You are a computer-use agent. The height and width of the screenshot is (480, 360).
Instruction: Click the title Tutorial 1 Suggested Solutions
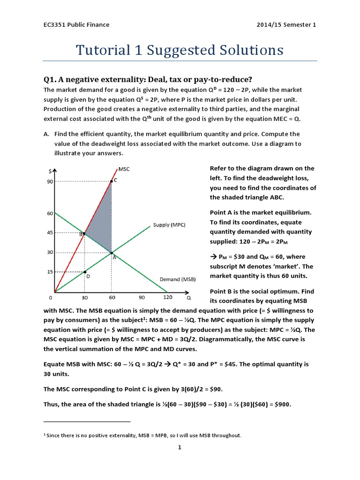(x=180, y=50)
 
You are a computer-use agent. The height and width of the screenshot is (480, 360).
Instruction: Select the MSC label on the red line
(x=124, y=169)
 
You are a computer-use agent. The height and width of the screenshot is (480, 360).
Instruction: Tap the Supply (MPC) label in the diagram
(x=169, y=225)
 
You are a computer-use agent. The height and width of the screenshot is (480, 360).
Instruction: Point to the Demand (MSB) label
(x=176, y=279)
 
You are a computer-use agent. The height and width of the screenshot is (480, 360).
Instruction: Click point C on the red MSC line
(x=112, y=181)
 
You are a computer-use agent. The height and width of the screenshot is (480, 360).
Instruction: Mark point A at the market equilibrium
(x=112, y=253)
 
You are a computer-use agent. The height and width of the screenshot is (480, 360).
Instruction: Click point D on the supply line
(x=85, y=272)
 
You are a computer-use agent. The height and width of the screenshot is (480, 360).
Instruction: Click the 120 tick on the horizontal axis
(x=167, y=297)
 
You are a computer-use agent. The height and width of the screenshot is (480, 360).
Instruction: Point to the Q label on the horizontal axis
(x=189, y=297)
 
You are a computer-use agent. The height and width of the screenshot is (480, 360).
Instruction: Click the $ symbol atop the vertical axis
(x=50, y=171)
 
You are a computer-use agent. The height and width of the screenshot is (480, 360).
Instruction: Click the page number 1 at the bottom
(x=180, y=447)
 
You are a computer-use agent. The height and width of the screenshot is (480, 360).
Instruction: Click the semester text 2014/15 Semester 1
(x=287, y=24)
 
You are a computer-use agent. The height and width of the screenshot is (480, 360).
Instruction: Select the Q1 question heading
(x=150, y=79)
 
